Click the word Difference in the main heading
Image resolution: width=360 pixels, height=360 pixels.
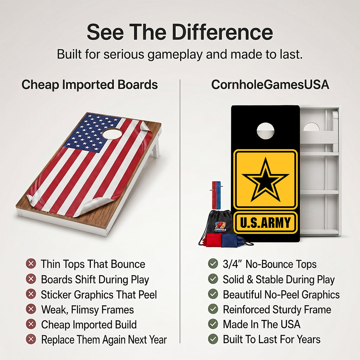[x=223, y=32]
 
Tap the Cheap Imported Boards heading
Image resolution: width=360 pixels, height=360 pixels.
[x=90, y=85]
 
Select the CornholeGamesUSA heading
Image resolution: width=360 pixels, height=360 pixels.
[x=270, y=85]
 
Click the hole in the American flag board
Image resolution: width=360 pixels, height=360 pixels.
[x=112, y=134]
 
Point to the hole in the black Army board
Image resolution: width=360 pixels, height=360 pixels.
[x=265, y=131]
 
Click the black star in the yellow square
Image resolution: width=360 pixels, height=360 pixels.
[x=265, y=180]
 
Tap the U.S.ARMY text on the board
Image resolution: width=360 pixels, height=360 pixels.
[x=265, y=223]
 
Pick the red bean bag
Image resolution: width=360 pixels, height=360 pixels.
[x=213, y=240]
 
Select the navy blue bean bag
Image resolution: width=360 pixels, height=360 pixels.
[x=230, y=240]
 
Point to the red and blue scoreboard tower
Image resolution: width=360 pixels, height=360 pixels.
[x=216, y=195]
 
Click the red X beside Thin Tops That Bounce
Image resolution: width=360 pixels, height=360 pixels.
[x=31, y=264]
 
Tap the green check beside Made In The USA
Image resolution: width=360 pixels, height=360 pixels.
[x=213, y=324]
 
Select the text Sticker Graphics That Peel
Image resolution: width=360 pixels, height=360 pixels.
[x=99, y=295]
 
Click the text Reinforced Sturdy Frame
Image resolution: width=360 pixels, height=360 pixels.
[x=277, y=309]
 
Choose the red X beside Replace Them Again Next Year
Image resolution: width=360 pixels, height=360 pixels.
[x=31, y=339]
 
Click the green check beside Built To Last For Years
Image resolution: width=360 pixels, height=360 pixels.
[x=213, y=339]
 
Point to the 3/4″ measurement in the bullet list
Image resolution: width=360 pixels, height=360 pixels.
[x=233, y=264]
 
